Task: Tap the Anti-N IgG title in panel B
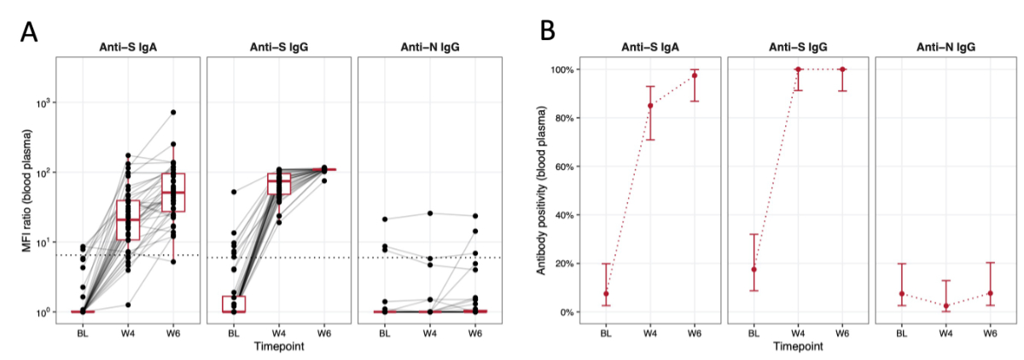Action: [945, 47]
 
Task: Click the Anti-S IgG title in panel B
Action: [797, 47]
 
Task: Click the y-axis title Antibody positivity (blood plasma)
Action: [540, 189]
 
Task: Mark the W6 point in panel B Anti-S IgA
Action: [695, 75]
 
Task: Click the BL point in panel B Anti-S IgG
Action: [753, 270]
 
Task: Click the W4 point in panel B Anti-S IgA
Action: [650, 106]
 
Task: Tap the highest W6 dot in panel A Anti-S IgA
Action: [173, 113]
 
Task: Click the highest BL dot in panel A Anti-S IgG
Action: [234, 192]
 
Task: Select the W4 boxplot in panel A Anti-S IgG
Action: [278, 183]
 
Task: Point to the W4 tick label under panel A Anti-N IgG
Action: [430, 334]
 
